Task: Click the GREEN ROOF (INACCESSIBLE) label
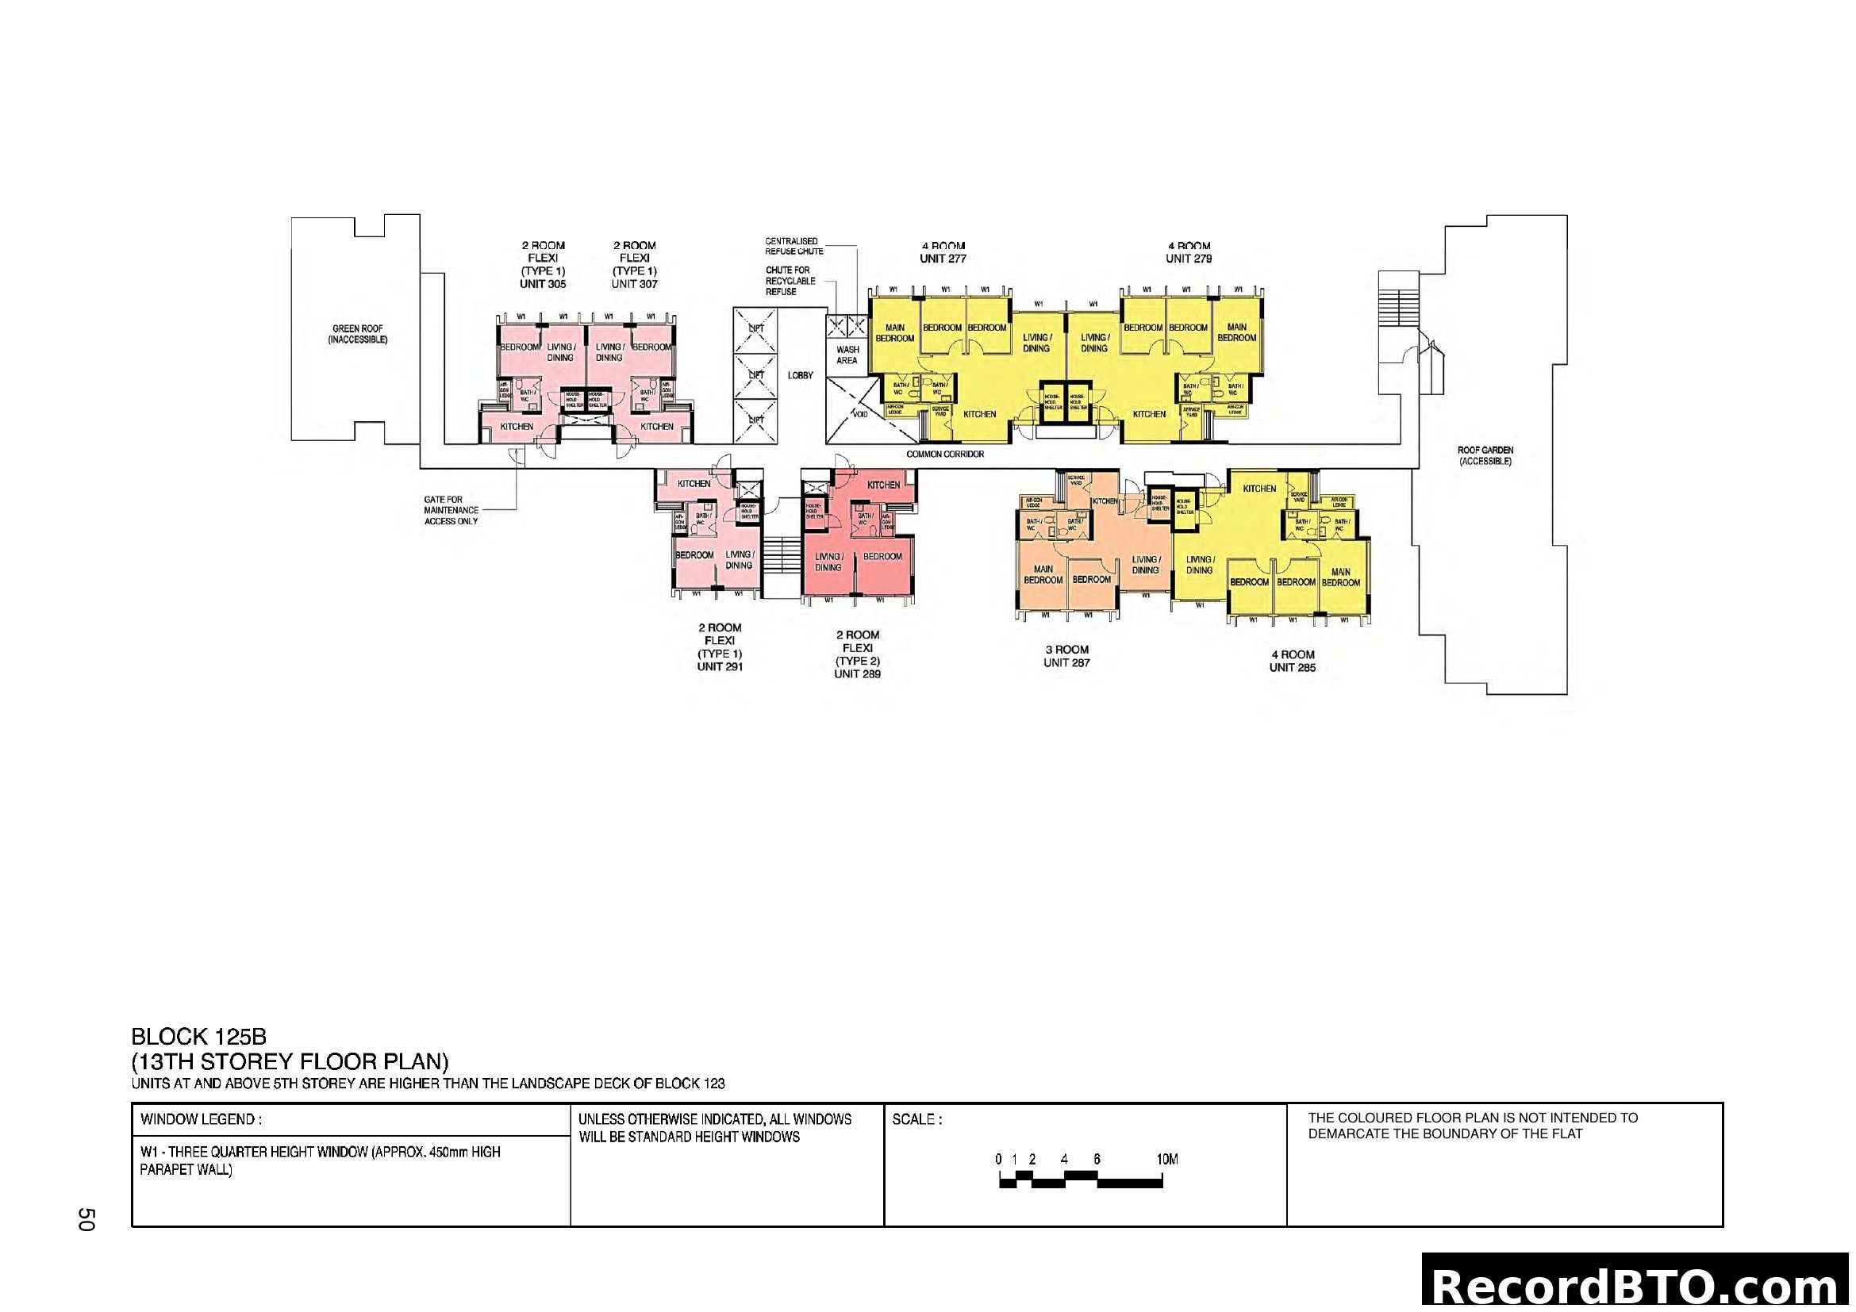click(357, 334)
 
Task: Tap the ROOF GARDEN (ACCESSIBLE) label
click(1485, 455)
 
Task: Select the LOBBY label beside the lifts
click(801, 375)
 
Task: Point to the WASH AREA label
click(847, 355)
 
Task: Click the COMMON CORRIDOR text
click(945, 454)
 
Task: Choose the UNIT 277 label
click(943, 259)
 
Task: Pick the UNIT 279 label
click(1189, 259)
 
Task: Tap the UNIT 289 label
click(857, 673)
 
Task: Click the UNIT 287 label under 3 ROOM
click(1066, 662)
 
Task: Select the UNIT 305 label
click(543, 283)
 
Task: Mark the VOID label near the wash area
click(860, 413)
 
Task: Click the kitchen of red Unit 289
click(882, 485)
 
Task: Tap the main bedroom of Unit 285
click(1340, 577)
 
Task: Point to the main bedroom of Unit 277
click(895, 333)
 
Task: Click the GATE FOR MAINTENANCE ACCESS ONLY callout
click(451, 510)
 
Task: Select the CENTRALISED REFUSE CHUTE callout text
click(793, 246)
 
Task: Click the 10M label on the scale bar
click(1166, 1160)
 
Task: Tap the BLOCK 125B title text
click(199, 1037)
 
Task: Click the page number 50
click(86, 1219)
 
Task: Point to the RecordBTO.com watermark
click(1638, 1284)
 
